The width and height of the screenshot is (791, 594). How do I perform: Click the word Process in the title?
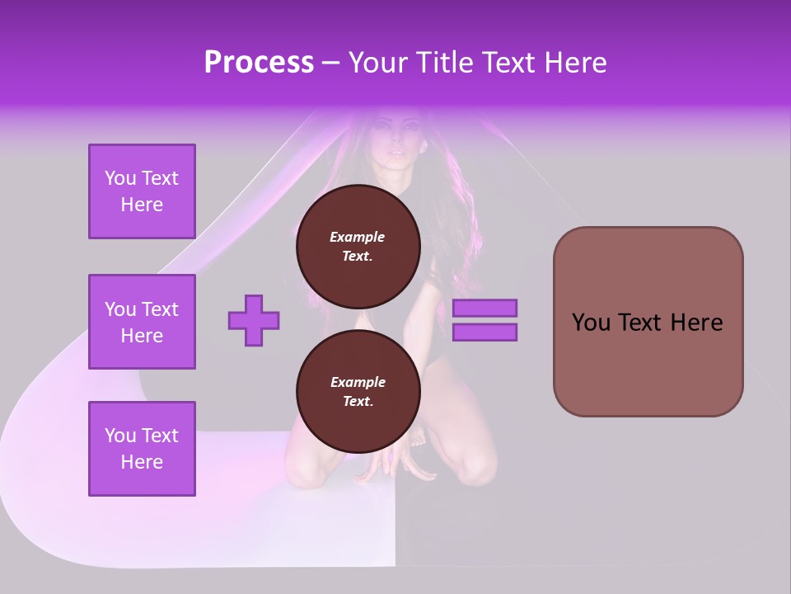(259, 63)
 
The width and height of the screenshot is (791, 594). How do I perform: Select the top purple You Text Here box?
(142, 191)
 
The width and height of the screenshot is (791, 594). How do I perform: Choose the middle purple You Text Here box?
(142, 322)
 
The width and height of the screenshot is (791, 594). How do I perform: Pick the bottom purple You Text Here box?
(142, 449)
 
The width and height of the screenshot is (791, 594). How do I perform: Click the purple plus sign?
(254, 320)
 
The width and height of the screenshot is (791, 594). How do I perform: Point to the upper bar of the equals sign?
(485, 308)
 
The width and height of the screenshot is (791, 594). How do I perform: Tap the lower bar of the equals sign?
(485, 332)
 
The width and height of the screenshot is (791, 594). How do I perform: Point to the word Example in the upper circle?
(358, 237)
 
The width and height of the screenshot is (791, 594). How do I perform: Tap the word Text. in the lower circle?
(358, 402)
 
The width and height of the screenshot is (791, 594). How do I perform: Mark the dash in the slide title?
(330, 64)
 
